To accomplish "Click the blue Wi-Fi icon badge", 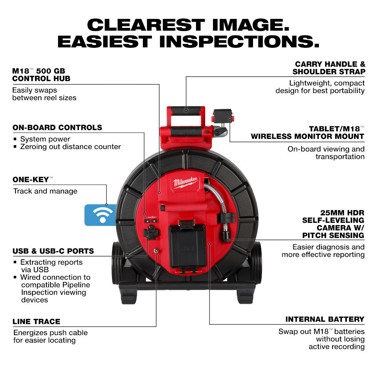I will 100,215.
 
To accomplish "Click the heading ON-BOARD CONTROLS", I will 57,127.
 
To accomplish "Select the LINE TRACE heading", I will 36,322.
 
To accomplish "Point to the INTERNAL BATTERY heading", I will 325,319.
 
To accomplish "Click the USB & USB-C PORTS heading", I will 53,251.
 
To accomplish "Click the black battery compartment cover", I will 187,247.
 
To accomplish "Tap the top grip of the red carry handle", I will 186,111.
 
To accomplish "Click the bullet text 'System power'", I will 45,139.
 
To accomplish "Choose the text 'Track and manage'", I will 45,191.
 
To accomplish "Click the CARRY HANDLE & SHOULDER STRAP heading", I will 330,68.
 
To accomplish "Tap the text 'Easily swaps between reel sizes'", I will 44,94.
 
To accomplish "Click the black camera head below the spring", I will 227,235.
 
